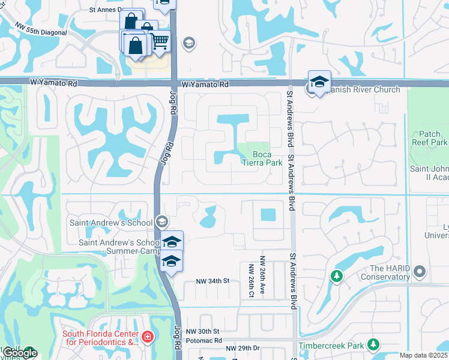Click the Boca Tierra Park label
pos(262,158)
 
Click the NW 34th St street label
pos(213,281)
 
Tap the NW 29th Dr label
pos(243,349)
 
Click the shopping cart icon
pos(160,41)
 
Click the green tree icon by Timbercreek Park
pos(373,344)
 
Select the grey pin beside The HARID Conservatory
pos(420,272)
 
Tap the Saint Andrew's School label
pos(111,222)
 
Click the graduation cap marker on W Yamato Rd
pos(320,81)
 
